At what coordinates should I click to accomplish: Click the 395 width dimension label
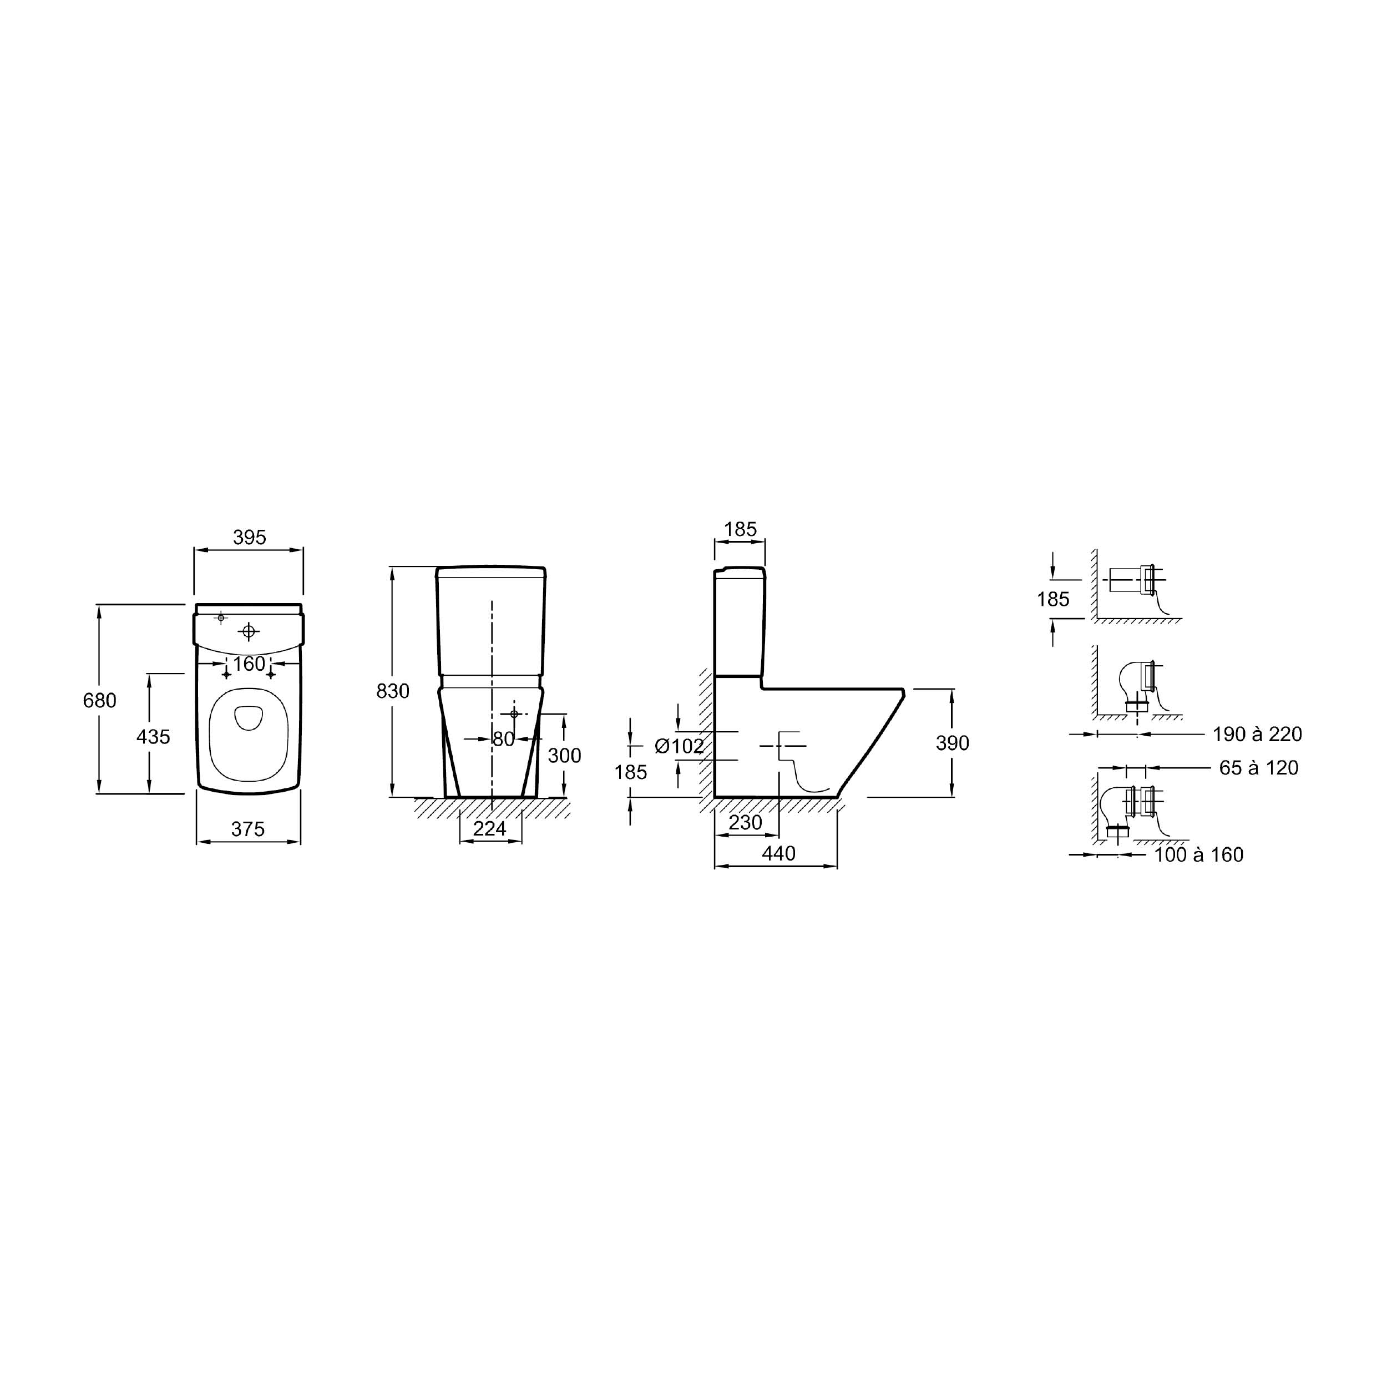click(x=250, y=537)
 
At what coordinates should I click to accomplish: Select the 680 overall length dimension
click(x=99, y=700)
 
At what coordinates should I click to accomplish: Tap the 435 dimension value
click(x=153, y=737)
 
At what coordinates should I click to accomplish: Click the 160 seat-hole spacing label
click(x=249, y=664)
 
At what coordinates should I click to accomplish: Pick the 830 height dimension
click(x=393, y=691)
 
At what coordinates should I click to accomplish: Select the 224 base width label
click(x=490, y=828)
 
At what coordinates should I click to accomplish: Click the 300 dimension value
click(x=564, y=755)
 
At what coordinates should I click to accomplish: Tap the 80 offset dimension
click(x=504, y=739)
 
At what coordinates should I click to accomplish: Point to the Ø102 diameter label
click(x=679, y=746)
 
